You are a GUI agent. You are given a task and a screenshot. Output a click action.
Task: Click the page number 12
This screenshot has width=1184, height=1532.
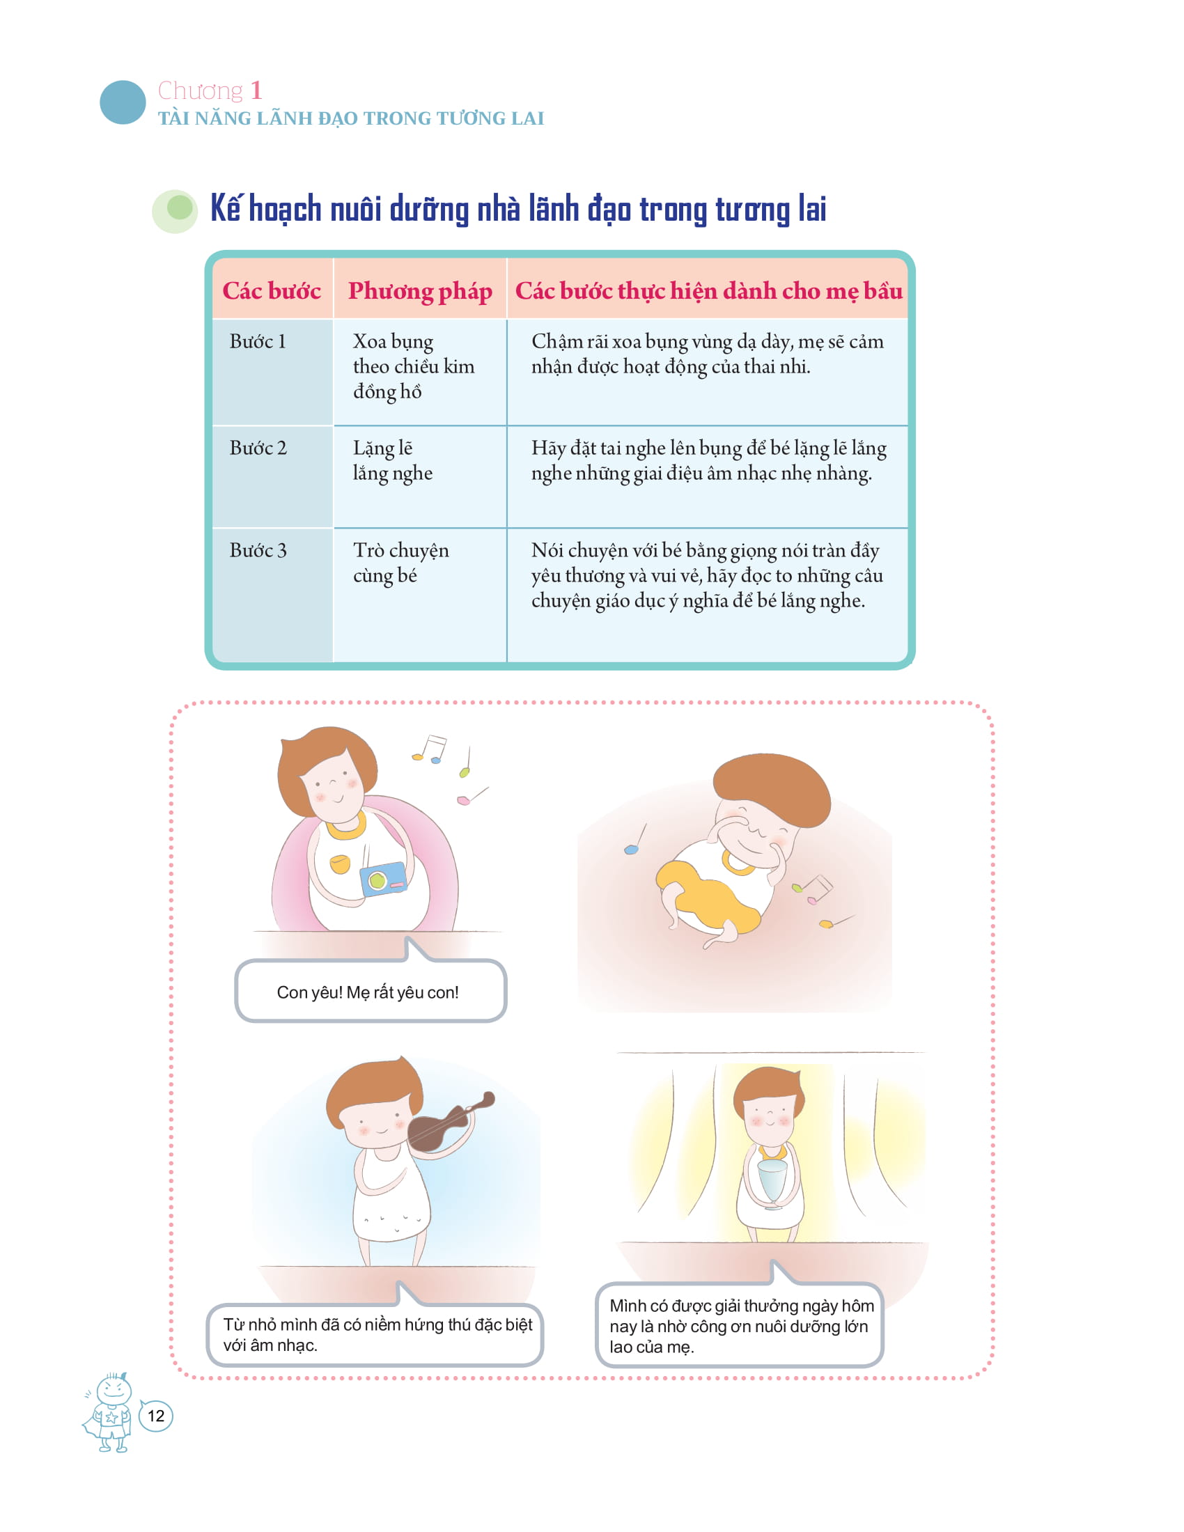pos(156,1416)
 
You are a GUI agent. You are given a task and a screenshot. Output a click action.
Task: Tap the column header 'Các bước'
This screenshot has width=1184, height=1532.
pos(272,290)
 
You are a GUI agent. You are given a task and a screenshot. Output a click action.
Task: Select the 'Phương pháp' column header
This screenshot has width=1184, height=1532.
pos(419,290)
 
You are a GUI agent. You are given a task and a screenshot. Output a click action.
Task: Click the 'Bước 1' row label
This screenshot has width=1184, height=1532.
pos(258,342)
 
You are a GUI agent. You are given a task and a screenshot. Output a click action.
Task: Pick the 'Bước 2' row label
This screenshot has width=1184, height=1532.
pos(258,448)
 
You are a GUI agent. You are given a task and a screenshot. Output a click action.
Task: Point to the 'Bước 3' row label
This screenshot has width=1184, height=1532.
pos(258,551)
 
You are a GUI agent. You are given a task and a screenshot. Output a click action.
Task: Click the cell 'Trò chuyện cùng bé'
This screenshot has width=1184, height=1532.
pos(400,563)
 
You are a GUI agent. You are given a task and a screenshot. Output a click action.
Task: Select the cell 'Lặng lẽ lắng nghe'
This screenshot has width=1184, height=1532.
pos(392,460)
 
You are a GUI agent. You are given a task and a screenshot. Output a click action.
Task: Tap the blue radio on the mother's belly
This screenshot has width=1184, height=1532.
pos(384,879)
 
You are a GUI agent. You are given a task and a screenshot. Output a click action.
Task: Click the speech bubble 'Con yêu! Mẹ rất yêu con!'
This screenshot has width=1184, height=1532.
pos(370,992)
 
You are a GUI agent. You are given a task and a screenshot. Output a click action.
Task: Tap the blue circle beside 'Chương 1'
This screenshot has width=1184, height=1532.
pos(123,102)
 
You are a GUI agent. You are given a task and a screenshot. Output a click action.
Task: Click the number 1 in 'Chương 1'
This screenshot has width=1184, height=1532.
pos(256,91)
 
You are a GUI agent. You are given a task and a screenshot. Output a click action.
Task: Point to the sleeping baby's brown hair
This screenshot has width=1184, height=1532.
pos(772,786)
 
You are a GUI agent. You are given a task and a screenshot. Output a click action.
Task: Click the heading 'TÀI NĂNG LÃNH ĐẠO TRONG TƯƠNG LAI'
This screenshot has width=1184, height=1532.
pos(351,118)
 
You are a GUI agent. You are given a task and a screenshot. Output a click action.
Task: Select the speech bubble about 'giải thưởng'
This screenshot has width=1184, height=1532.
pos(739,1326)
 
